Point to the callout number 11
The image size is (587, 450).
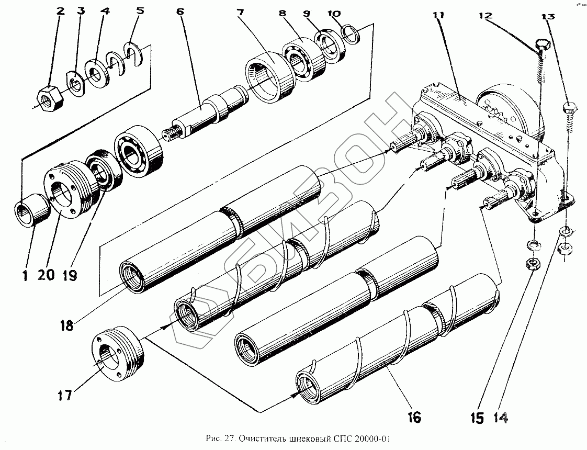click(x=438, y=16)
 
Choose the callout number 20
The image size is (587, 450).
click(x=46, y=275)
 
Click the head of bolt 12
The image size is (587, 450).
click(x=543, y=45)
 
